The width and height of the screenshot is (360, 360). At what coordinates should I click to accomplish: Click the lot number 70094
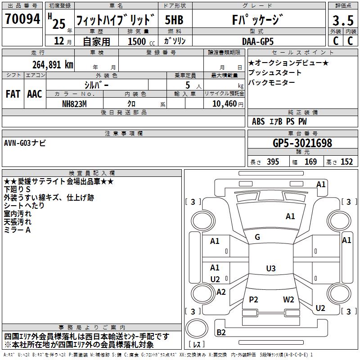(22, 19)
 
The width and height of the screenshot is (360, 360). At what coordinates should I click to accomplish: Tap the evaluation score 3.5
(343, 20)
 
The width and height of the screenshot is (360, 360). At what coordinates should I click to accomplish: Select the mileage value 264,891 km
(53, 65)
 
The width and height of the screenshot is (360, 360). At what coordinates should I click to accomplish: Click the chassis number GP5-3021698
(302, 143)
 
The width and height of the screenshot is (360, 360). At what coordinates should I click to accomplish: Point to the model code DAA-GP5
(258, 41)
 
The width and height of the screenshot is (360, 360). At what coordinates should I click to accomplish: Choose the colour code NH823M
(74, 104)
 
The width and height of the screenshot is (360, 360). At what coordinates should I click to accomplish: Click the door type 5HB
(174, 20)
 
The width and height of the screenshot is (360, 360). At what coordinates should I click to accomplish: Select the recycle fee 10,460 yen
(228, 104)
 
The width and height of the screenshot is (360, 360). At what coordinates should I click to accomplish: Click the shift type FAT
(13, 94)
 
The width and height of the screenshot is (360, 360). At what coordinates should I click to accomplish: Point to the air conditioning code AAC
(35, 94)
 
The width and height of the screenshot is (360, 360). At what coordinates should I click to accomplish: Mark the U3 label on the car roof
(271, 268)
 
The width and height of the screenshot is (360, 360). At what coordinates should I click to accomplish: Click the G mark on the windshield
(257, 237)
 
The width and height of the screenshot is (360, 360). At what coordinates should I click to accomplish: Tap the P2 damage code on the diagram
(253, 299)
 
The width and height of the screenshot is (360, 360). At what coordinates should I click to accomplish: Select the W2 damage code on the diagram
(288, 299)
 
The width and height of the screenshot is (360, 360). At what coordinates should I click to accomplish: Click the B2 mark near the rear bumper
(221, 332)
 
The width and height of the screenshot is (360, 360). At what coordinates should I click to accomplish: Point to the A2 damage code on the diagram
(221, 292)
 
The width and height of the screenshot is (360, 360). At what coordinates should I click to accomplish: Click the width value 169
(310, 162)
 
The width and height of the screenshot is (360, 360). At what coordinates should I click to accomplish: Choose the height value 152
(346, 162)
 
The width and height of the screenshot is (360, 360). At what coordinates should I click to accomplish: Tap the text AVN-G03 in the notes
(17, 143)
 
